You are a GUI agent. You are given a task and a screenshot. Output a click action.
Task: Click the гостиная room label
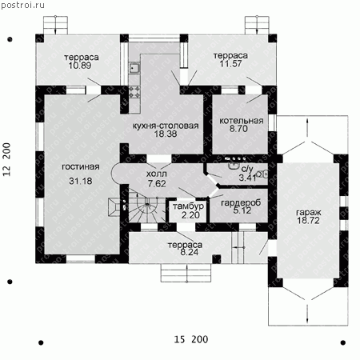pyautogui.click(x=81, y=167)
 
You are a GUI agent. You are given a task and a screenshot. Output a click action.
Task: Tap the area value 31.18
pyautogui.click(x=81, y=181)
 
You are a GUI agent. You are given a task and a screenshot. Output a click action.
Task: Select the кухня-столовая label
pyautogui.click(x=166, y=126)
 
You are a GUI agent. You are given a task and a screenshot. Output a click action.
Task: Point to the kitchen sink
pyautogui.click(x=134, y=69)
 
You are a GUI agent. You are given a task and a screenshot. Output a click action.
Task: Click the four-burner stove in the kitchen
pyautogui.click(x=134, y=91)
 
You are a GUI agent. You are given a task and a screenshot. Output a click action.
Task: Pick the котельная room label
pyautogui.click(x=242, y=121)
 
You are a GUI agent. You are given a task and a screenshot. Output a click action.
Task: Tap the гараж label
pyautogui.click(x=309, y=213)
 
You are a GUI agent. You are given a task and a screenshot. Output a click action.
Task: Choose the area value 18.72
pyautogui.click(x=308, y=221)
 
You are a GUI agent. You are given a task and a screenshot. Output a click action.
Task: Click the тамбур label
pyautogui.click(x=188, y=206)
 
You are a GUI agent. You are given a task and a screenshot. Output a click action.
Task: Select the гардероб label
pyautogui.click(x=241, y=203)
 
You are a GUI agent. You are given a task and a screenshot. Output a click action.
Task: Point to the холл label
pyautogui.click(x=157, y=174)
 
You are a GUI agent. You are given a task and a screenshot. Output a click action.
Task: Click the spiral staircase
pyautogui.click(x=146, y=206)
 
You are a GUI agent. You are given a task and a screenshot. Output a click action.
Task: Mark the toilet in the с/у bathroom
pyautogui.click(x=262, y=174)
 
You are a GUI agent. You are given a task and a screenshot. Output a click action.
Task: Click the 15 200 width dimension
pyautogui.click(x=191, y=339)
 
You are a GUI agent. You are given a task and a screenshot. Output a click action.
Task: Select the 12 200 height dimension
pyautogui.click(x=6, y=159)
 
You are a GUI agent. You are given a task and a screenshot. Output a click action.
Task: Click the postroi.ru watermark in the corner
pyautogui.click(x=23, y=5)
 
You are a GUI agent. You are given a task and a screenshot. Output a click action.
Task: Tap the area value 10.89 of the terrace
pyautogui.click(x=80, y=66)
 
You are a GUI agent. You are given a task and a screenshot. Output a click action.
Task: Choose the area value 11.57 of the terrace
pyautogui.click(x=230, y=64)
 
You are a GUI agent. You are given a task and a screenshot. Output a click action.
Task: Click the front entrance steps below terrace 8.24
pyautogui.click(x=186, y=273)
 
